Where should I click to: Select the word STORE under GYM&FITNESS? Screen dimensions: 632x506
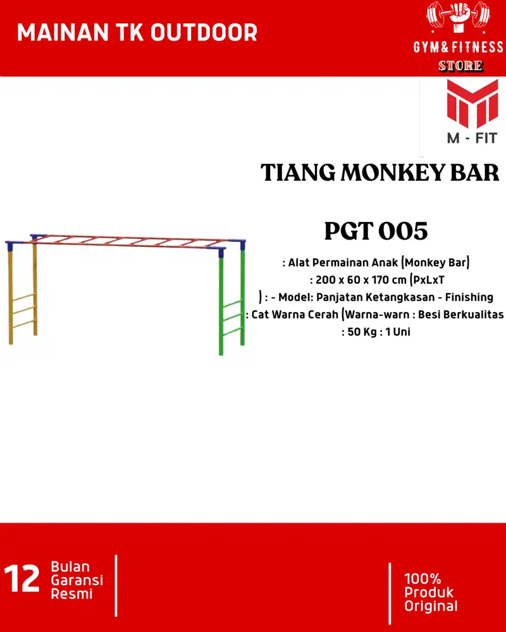point(460,65)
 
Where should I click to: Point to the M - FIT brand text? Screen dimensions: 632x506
point(472,137)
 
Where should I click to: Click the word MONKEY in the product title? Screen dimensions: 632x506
point(395,173)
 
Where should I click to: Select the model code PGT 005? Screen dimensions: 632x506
point(376,231)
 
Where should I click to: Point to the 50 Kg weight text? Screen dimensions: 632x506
point(361,331)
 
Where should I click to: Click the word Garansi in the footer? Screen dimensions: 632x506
point(77,580)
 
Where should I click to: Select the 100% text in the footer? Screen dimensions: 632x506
point(423,579)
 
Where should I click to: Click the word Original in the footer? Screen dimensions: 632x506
point(431,607)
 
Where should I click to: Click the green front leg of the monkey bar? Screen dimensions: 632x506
point(221,303)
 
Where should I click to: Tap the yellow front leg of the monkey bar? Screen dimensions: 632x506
point(11,297)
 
